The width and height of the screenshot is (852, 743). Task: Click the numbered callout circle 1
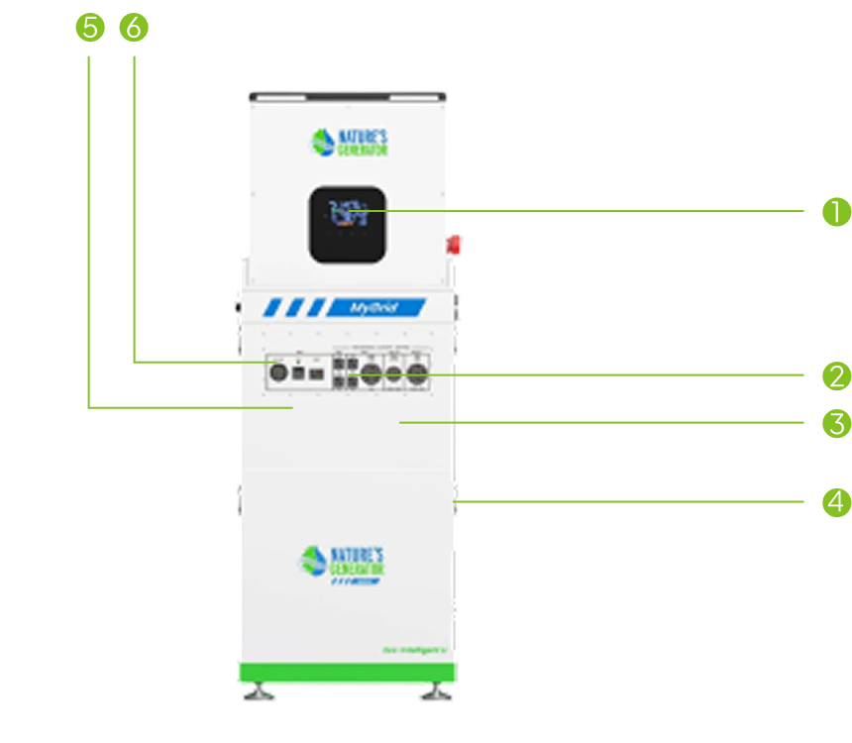tap(837, 212)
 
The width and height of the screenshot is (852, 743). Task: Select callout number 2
tap(837, 375)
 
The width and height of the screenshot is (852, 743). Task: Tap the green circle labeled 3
tap(837, 424)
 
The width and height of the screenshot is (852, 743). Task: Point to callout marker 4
tap(837, 502)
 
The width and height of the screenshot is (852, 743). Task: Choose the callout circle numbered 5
tap(89, 28)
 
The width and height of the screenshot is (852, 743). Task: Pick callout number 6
tap(133, 28)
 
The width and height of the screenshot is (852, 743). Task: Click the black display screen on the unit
tap(347, 223)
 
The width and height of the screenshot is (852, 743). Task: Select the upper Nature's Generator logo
tap(347, 142)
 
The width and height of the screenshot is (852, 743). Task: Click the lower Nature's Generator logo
tap(342, 563)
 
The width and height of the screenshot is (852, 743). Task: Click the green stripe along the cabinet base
tap(347, 673)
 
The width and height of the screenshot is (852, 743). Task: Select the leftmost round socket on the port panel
tap(278, 373)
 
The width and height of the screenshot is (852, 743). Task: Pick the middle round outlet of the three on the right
tap(393, 375)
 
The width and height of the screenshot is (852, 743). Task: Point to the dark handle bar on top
tap(347, 97)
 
